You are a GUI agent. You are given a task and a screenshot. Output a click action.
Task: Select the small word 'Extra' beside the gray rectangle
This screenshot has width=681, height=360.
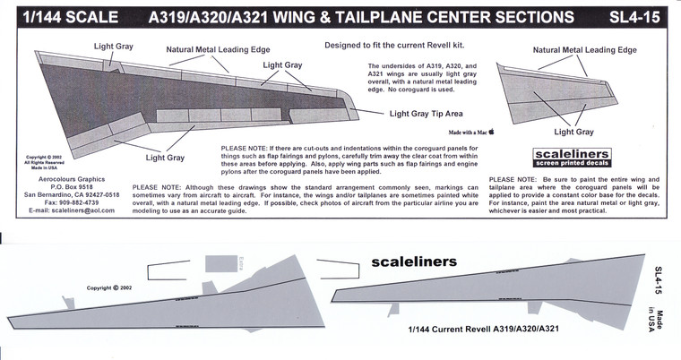point(242,263)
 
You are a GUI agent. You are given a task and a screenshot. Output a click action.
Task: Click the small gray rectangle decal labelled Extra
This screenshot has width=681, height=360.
point(220,263)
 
